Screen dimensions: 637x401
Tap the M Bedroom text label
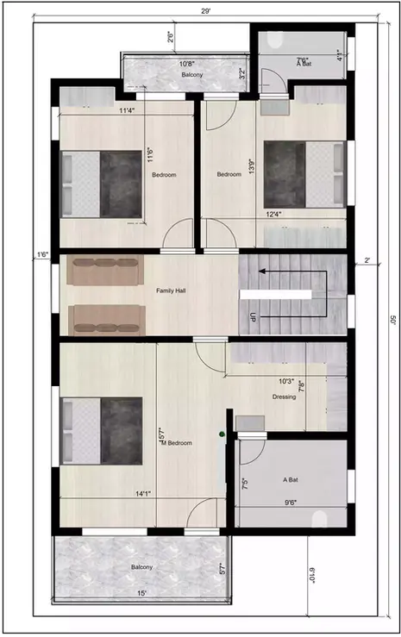pos(174,443)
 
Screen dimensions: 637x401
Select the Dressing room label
pos(284,397)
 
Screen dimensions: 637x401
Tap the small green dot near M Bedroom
pos(222,434)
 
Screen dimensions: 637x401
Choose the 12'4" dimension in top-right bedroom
pos(274,215)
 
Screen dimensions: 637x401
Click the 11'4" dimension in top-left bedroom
pos(126,110)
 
